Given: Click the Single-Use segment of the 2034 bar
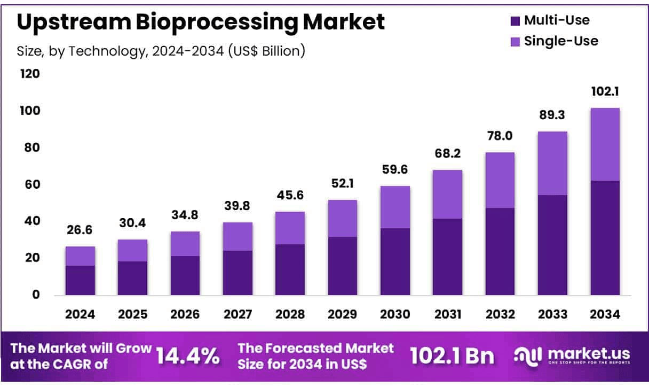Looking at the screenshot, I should [x=605, y=144].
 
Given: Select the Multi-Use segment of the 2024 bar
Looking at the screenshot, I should [x=80, y=280].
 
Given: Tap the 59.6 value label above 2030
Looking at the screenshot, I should [x=395, y=169].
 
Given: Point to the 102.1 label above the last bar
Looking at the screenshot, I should [x=605, y=92].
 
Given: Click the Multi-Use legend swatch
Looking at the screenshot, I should [x=515, y=21].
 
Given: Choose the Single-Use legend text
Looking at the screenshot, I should [x=561, y=41].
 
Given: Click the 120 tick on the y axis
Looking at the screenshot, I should [x=30, y=73].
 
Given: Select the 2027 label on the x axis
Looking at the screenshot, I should [x=238, y=314].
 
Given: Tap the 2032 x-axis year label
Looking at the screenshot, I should [x=500, y=314].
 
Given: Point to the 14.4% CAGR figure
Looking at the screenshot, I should [x=187, y=356].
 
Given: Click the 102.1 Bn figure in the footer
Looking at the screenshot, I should [x=452, y=356].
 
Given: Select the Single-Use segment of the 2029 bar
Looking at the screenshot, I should [x=342, y=218].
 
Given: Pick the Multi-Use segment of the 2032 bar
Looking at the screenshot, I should [x=500, y=251].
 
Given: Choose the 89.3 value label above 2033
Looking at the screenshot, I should [x=552, y=115].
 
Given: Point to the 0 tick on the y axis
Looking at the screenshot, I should [x=36, y=295].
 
